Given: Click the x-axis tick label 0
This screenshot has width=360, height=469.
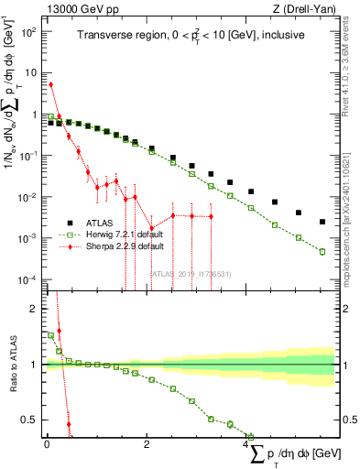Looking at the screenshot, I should coord(47,445).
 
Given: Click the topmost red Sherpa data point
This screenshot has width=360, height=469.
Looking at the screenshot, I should coord(50,84).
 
